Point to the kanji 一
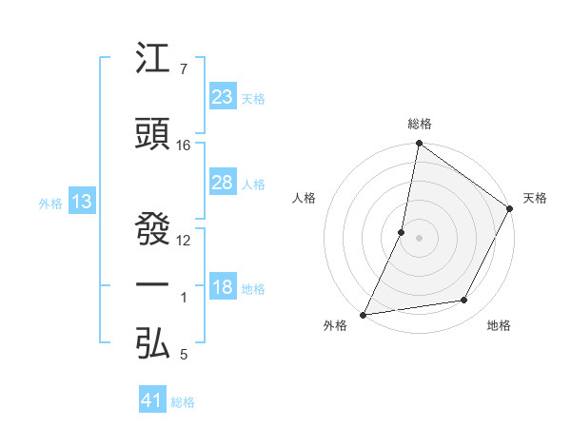click(x=153, y=284)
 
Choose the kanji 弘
click(x=153, y=342)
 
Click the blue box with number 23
click(x=222, y=97)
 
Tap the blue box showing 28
click(x=222, y=183)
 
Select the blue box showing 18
click(x=222, y=288)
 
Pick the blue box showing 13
click(x=81, y=202)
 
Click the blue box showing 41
click(x=151, y=401)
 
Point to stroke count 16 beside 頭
click(x=184, y=146)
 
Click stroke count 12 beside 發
click(x=184, y=240)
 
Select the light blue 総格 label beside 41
click(x=183, y=402)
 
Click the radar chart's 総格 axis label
click(x=420, y=124)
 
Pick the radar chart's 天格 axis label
click(x=535, y=198)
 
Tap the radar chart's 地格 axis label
click(x=499, y=325)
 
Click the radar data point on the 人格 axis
click(x=402, y=232)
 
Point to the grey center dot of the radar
click(x=420, y=238)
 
